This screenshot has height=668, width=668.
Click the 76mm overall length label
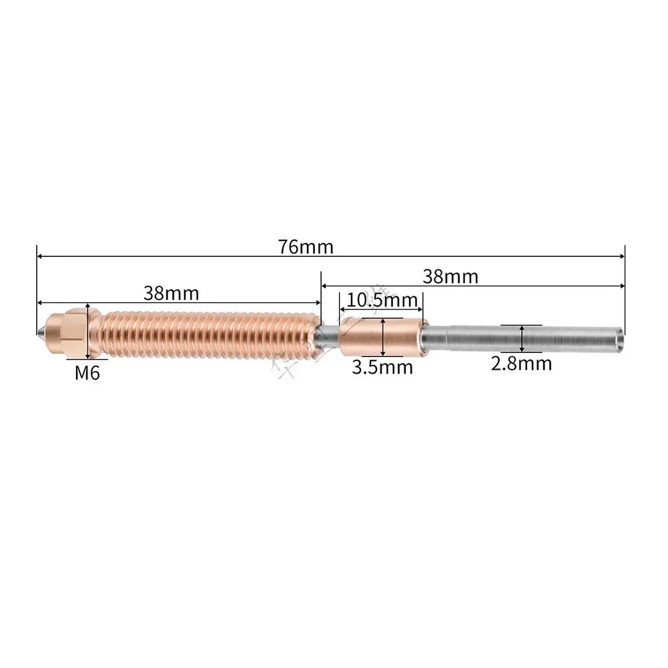(x=306, y=246)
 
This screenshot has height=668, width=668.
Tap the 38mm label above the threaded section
(x=171, y=293)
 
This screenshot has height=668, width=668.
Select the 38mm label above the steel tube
(x=450, y=276)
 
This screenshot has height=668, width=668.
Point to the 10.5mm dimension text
(x=382, y=300)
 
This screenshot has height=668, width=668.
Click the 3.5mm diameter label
(x=382, y=366)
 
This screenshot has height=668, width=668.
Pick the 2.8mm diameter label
(x=521, y=364)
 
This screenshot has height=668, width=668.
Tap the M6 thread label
(x=87, y=372)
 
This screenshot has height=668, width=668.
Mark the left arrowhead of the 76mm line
(x=40, y=256)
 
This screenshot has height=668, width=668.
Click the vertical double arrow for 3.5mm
(x=382, y=338)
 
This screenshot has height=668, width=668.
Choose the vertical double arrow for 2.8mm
(x=521, y=338)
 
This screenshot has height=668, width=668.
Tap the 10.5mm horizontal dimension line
(x=381, y=310)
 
